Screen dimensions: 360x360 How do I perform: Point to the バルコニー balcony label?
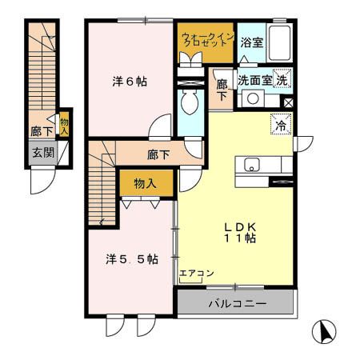pyautogui.click(x=237, y=303)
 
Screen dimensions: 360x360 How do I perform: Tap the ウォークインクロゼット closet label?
pyautogui.click(x=206, y=41)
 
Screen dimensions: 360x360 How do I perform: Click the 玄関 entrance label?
pyautogui.click(x=42, y=152)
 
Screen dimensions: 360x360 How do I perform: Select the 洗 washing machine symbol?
pyautogui.click(x=282, y=80)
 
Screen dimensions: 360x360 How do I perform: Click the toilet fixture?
pyautogui.click(x=190, y=101)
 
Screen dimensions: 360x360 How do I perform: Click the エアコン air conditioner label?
pyautogui.click(x=196, y=274)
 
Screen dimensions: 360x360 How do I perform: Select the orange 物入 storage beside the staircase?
pyautogui.click(x=146, y=183)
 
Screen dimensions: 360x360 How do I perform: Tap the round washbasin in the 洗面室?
pyautogui.click(x=251, y=99)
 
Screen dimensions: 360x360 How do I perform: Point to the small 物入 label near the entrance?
pyautogui.click(x=65, y=123)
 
